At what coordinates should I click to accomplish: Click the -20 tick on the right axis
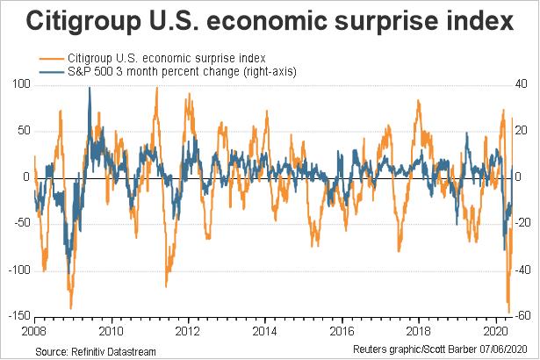pyautogui.click(x=520, y=223)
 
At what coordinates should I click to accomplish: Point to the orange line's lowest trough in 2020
pyautogui.click(x=509, y=310)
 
